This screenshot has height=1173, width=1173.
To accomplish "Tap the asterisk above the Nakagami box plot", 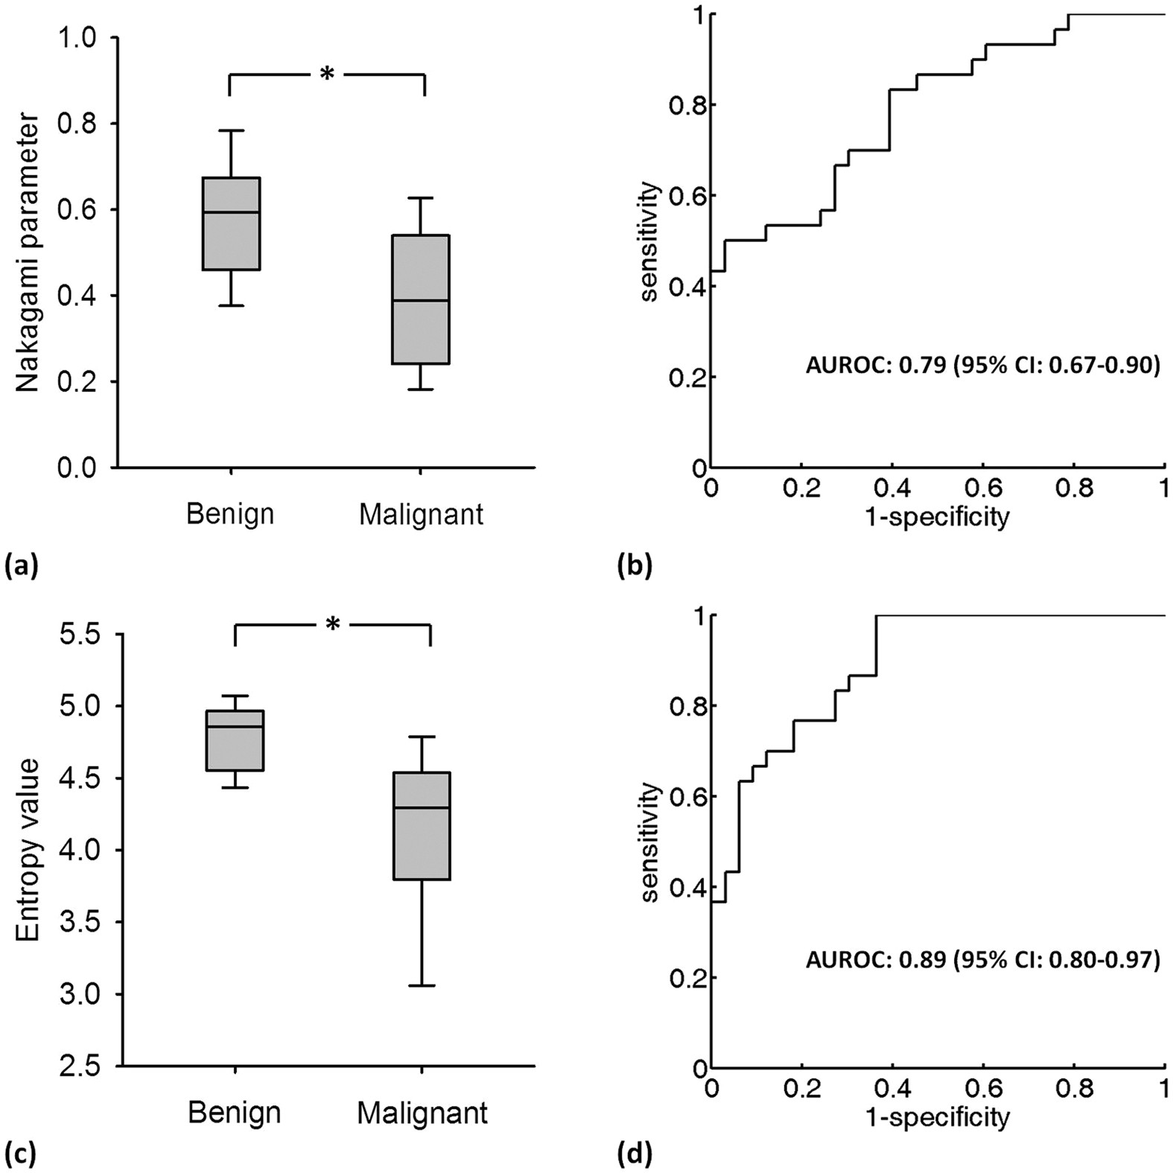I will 326,74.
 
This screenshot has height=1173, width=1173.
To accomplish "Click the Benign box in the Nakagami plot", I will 232,223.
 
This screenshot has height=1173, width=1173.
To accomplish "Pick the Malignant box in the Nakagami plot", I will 422,299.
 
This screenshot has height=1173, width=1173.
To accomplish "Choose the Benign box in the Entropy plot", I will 235,740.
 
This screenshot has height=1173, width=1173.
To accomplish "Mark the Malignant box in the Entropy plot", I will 422,826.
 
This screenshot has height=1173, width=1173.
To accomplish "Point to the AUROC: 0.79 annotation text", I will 982,366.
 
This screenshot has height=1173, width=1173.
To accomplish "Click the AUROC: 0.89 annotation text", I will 982,961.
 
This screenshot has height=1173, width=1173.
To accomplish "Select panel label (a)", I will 20,567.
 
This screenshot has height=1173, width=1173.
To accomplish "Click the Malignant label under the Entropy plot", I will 422,1113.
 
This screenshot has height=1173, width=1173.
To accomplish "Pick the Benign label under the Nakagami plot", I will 230,514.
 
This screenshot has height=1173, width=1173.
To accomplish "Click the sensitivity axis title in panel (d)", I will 650,842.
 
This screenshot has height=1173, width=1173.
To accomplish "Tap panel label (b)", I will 635,567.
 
